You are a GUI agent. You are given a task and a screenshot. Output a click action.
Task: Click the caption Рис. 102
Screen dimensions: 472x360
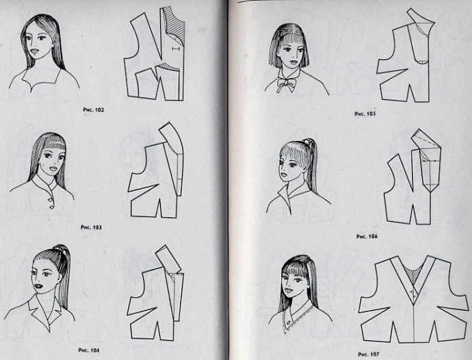coord(93,110)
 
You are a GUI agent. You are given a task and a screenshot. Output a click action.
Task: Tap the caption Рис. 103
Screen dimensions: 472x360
coord(91,227)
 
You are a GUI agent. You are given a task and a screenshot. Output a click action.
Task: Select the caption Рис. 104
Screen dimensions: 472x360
coord(89,350)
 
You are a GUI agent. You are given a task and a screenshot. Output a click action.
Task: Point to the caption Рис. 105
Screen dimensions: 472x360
coord(365,114)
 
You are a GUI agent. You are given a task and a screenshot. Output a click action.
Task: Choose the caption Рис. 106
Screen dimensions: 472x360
coord(367,237)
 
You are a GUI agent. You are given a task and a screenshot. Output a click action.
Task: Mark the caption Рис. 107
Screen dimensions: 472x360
coord(369,355)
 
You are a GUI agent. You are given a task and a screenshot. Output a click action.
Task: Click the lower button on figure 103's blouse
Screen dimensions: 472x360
coord(51,207)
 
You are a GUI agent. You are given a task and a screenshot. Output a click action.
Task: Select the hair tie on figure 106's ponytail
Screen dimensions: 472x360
coord(307,141)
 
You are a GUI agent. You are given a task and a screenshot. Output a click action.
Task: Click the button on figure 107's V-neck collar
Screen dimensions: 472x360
coord(289,322)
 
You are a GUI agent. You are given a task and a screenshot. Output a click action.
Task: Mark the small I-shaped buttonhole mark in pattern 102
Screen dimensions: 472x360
coord(176,49)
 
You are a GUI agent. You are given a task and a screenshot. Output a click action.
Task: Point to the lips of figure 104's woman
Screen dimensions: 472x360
coord(38,286)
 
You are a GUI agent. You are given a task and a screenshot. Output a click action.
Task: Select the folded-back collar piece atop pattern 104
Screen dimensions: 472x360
coord(168,259)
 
